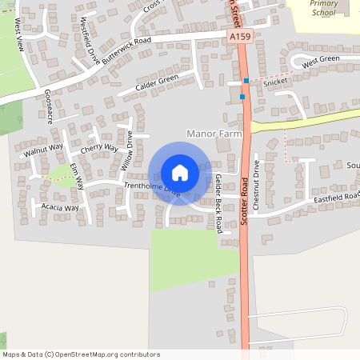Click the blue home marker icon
[179, 173]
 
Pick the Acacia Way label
[60, 208]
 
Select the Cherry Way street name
[100, 149]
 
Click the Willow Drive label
[126, 154]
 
